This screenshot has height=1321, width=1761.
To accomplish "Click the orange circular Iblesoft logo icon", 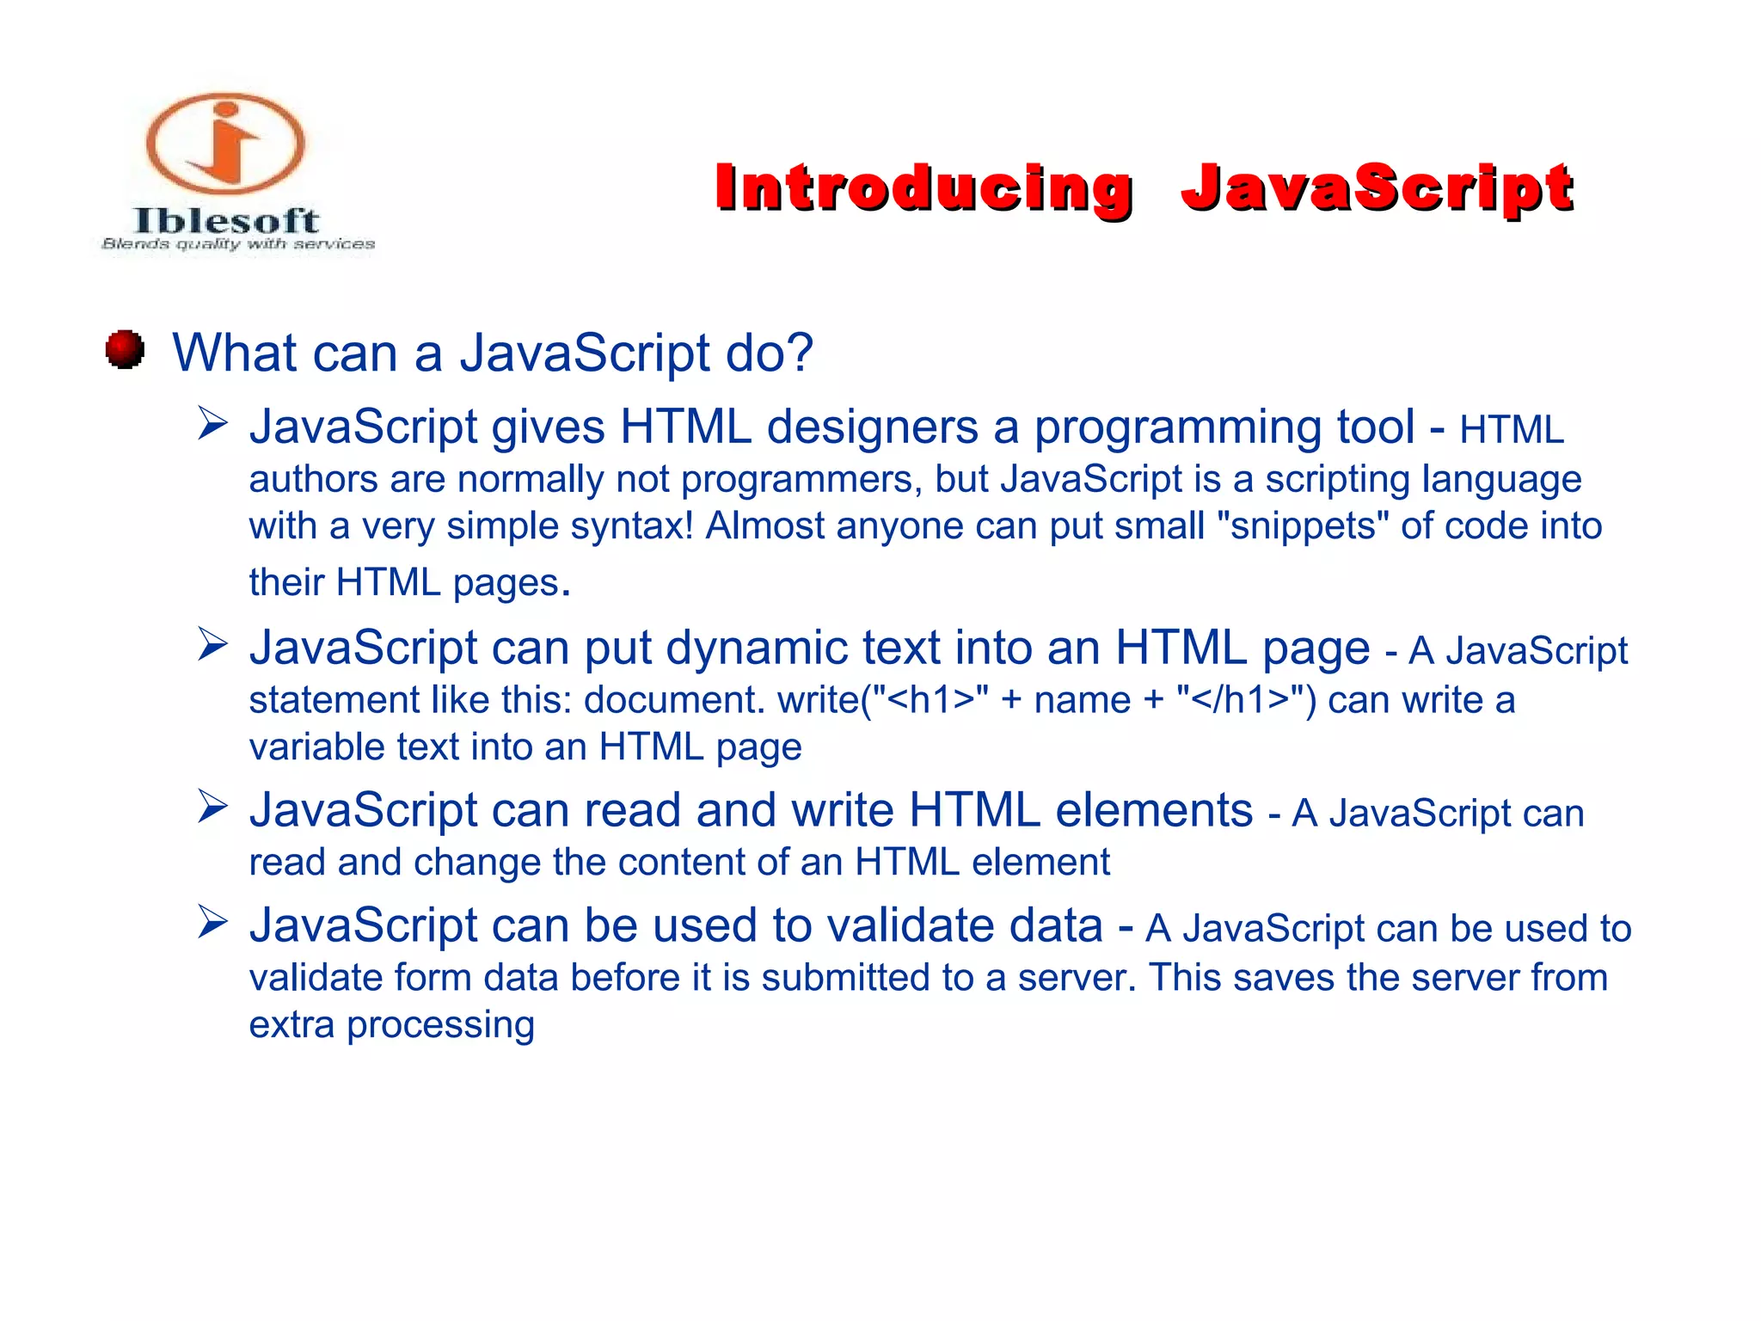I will pyautogui.click(x=225, y=143).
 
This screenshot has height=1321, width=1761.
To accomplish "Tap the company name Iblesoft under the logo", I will pyautogui.click(x=226, y=221).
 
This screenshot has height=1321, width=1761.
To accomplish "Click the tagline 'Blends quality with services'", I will pyautogui.click(x=238, y=244).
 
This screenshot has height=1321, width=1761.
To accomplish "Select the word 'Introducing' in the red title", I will pyautogui.click(x=923, y=187).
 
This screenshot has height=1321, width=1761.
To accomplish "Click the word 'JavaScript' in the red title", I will pyautogui.click(x=1377, y=187).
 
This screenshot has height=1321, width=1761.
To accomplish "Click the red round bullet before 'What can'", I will pyautogui.click(x=126, y=350).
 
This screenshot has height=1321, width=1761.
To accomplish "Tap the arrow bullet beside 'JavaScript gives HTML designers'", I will pyautogui.click(x=212, y=424).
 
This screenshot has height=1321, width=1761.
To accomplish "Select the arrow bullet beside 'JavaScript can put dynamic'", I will pyautogui.click(x=212, y=644).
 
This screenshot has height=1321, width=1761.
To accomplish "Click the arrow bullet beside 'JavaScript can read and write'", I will pyautogui.click(x=212, y=807).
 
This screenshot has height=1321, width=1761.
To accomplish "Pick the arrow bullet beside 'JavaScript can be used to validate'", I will pyautogui.click(x=212, y=922).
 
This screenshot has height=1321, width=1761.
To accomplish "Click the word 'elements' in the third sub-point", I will pyautogui.click(x=1154, y=810).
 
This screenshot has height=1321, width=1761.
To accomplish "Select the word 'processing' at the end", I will pyautogui.click(x=440, y=1025).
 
